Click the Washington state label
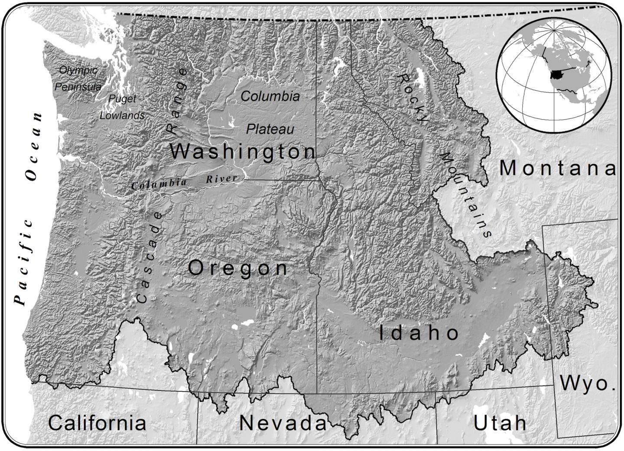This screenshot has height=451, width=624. pyautogui.click(x=243, y=152)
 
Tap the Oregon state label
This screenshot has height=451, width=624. pyautogui.click(x=238, y=268)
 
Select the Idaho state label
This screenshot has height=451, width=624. pyautogui.click(x=419, y=333)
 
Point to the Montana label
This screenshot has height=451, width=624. pyautogui.click(x=557, y=168)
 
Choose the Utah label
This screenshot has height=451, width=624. pyautogui.click(x=500, y=423)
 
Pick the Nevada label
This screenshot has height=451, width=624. pyautogui.click(x=283, y=423)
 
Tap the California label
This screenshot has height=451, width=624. pyautogui.click(x=97, y=423)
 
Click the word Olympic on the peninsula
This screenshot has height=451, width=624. pyautogui.click(x=78, y=70)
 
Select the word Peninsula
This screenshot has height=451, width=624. pyautogui.click(x=78, y=87)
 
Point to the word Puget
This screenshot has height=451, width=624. pyautogui.click(x=122, y=99)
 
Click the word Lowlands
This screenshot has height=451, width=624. pyautogui.click(x=122, y=116)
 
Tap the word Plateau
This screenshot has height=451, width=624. pyautogui.click(x=270, y=129)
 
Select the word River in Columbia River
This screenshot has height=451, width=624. pyautogui.click(x=221, y=179)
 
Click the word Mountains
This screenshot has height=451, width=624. pyautogui.click(x=466, y=195)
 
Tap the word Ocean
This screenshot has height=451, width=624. pyautogui.click(x=35, y=146)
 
